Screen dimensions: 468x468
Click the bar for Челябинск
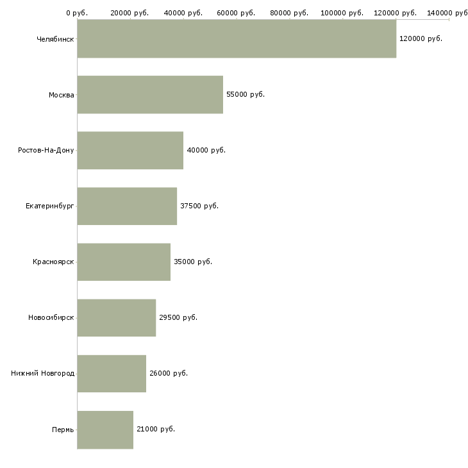[x=237, y=38]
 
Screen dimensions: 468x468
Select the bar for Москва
[x=150, y=94]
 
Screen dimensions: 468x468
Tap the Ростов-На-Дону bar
[x=130, y=150]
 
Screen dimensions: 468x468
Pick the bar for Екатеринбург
[x=127, y=206]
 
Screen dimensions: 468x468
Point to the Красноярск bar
[x=124, y=262]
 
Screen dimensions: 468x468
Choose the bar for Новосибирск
[x=117, y=317]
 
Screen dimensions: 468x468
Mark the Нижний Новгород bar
[x=112, y=373]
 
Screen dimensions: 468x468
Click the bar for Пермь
[x=105, y=429]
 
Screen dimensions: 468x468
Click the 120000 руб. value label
[x=421, y=38]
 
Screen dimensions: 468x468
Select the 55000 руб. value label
[x=246, y=94]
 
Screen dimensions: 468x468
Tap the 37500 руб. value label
[x=199, y=206]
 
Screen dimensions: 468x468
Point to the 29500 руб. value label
[x=178, y=317]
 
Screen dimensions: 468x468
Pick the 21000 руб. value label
[x=156, y=429]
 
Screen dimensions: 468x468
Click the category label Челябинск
[x=55, y=39]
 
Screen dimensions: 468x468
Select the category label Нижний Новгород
[x=42, y=373]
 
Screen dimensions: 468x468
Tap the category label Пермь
[x=63, y=430]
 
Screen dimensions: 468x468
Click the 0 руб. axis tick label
[x=76, y=13]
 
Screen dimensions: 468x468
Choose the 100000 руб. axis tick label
[x=342, y=13]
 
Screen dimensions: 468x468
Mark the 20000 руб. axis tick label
[x=130, y=13]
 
